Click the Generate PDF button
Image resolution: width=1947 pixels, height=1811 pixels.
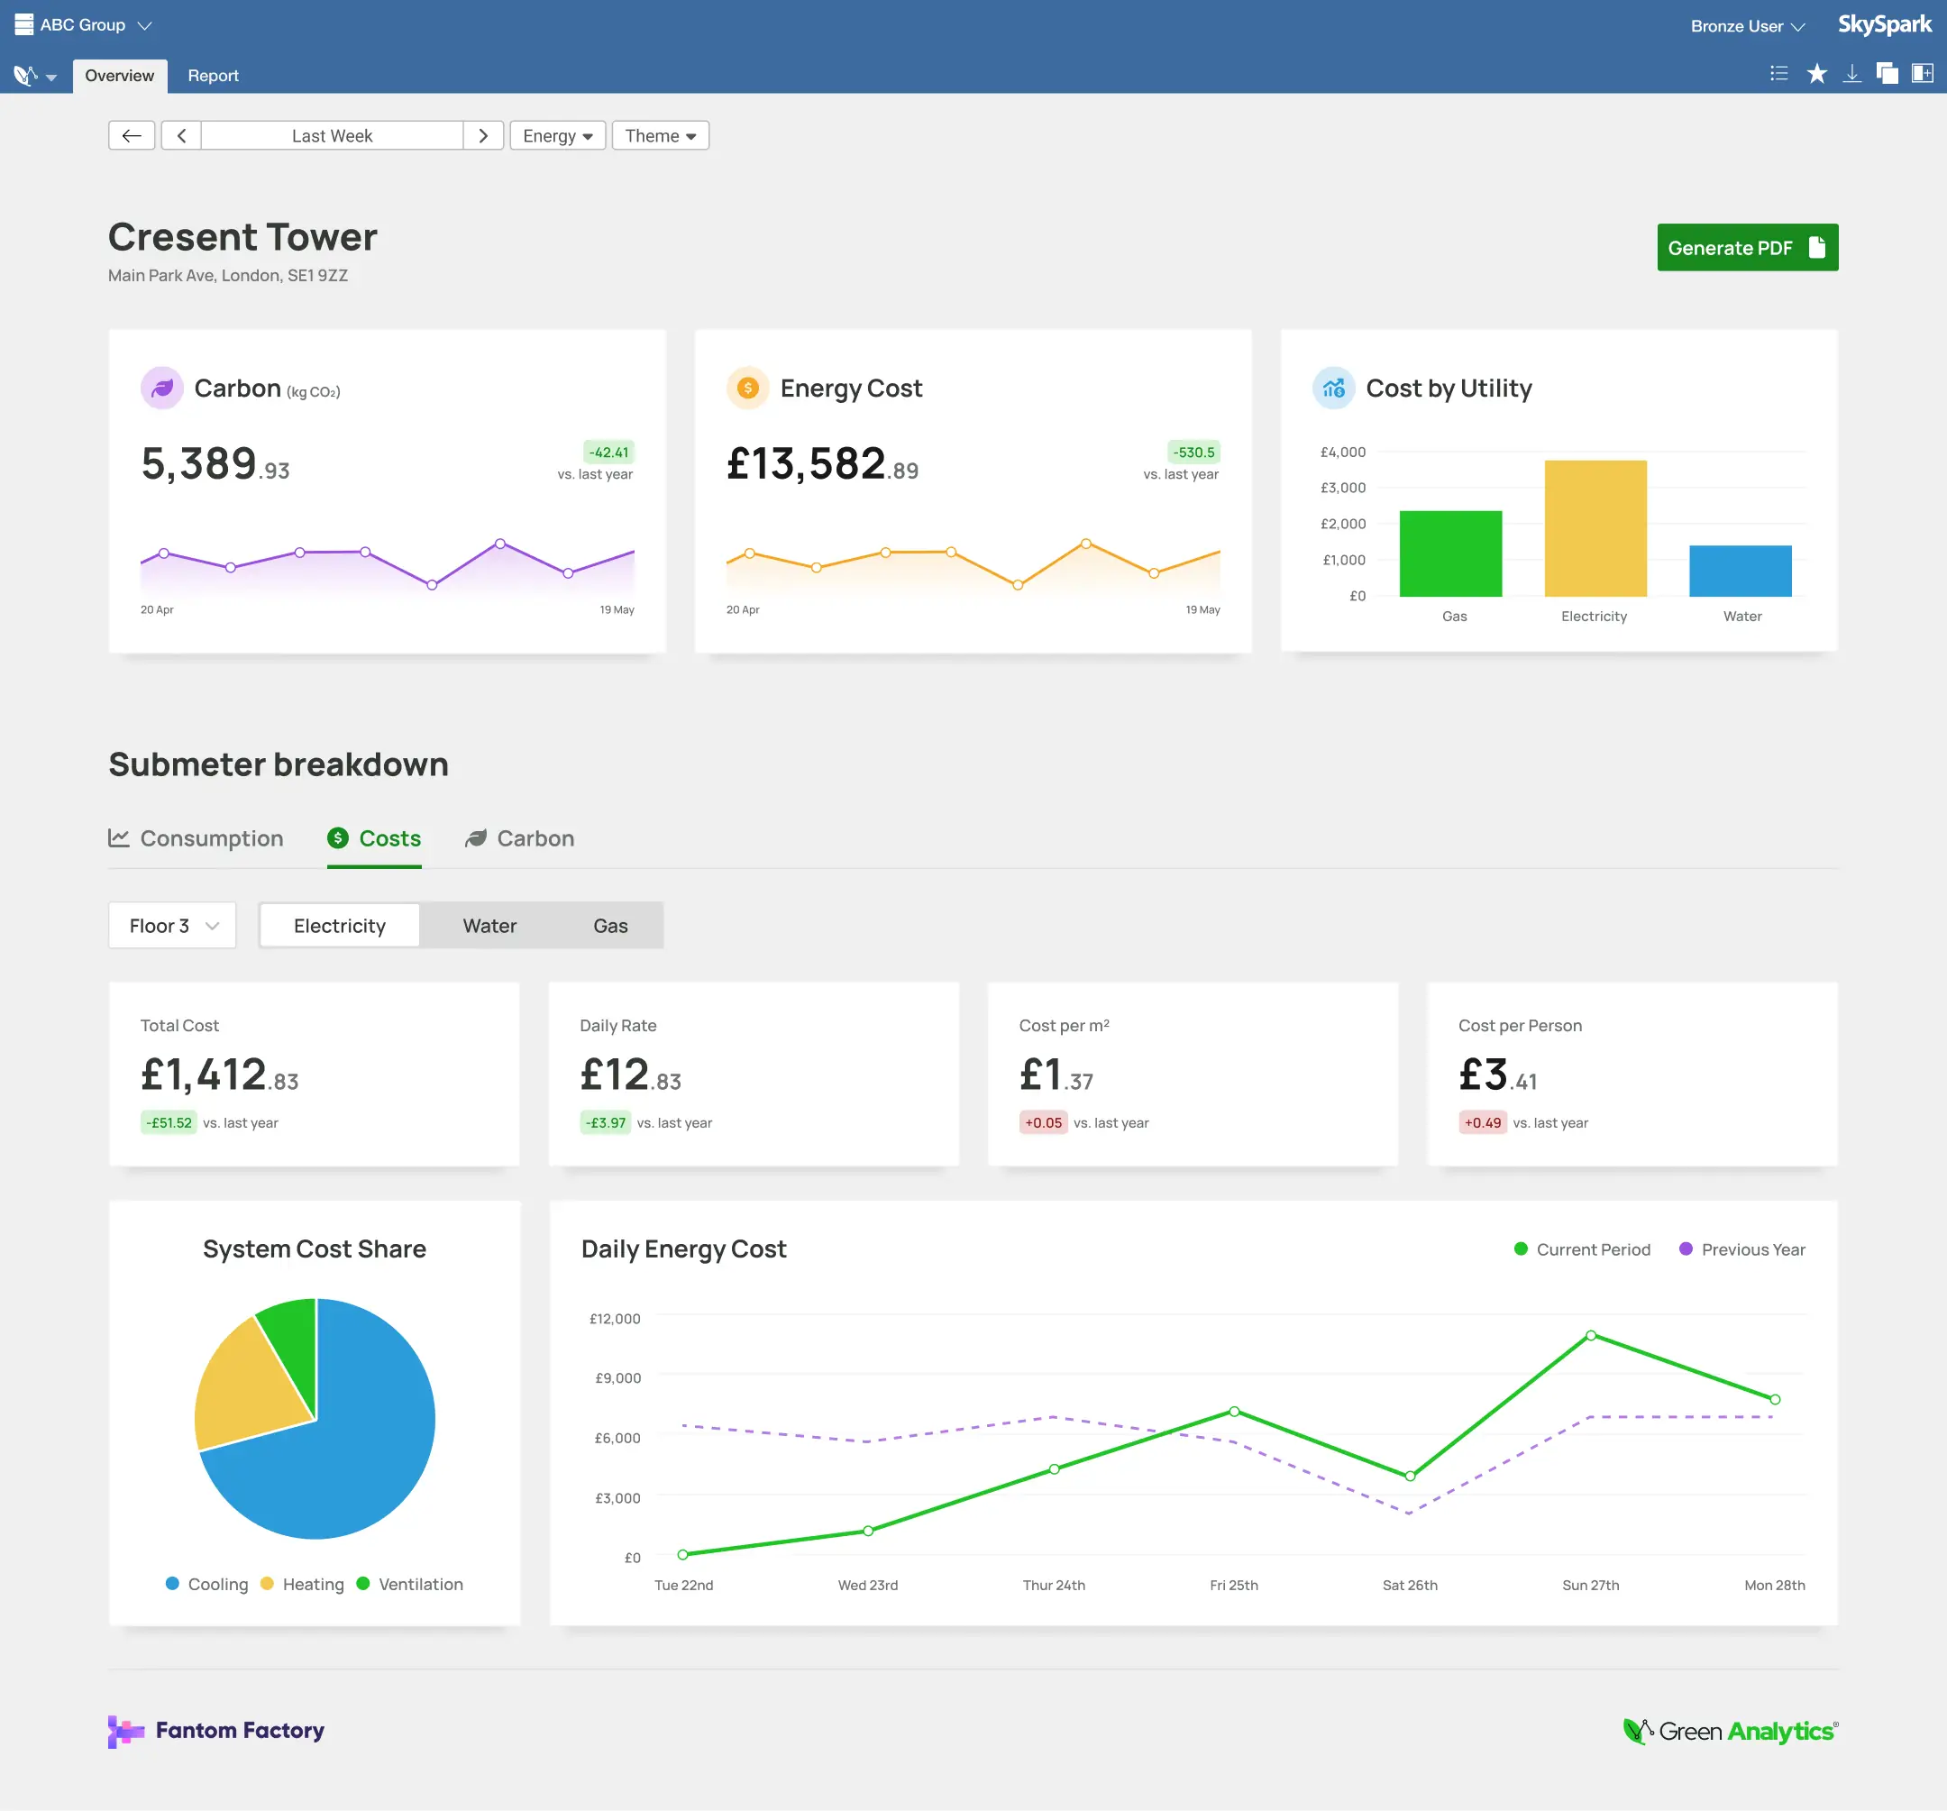coord(1746,248)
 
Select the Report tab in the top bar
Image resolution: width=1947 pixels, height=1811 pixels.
coord(213,76)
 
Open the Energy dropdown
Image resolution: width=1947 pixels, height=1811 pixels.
coord(557,136)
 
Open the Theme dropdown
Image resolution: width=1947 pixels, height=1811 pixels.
coord(660,136)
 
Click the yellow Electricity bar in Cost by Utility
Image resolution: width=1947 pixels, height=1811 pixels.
coord(1595,529)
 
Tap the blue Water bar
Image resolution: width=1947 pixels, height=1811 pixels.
coord(1740,571)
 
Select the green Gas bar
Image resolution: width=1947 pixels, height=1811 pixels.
coord(1449,553)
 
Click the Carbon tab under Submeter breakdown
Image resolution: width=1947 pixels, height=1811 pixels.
coord(520,838)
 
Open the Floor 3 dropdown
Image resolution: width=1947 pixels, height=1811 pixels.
coord(172,926)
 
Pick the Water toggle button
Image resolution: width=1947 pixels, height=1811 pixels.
coord(489,926)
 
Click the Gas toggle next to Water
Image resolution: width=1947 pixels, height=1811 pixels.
coord(610,926)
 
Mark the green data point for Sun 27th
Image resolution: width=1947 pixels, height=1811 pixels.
coord(1591,1336)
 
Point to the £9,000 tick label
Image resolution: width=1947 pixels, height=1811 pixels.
coord(617,1378)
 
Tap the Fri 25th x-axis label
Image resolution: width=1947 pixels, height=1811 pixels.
coord(1233,1585)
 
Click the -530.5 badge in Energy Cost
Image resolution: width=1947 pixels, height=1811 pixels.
coord(1193,453)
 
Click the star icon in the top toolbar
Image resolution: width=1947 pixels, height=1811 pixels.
coord(1815,75)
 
